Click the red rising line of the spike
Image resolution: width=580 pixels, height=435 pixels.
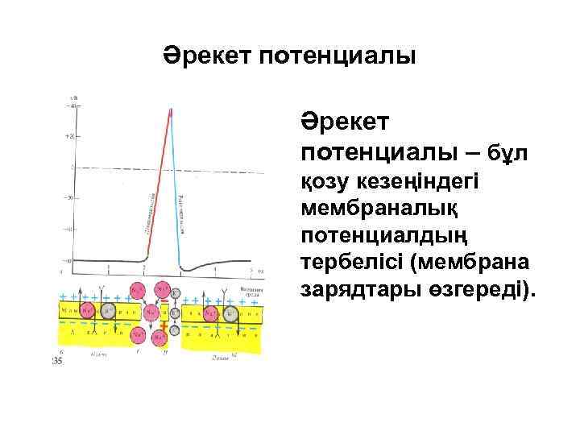click(157, 185)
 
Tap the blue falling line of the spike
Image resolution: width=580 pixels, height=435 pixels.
click(176, 193)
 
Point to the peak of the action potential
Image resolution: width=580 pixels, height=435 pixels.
click(171, 110)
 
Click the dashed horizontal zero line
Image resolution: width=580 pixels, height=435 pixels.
click(209, 168)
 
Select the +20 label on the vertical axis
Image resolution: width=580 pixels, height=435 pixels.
click(70, 136)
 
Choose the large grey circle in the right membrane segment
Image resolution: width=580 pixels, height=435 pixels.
click(230, 312)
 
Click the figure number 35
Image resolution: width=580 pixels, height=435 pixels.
click(57, 362)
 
